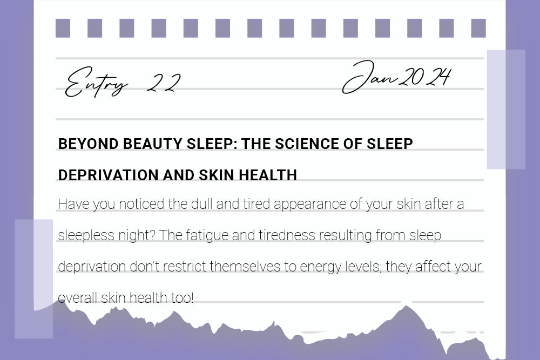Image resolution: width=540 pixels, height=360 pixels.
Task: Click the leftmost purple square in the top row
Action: coord(63,28)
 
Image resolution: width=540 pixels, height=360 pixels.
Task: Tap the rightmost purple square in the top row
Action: coord(478,28)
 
